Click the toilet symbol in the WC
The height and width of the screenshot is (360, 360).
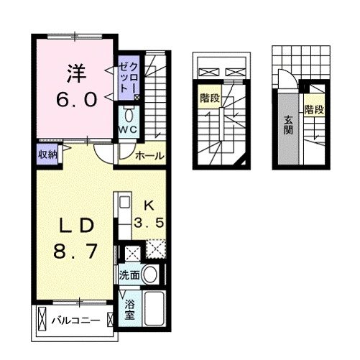pyautogui.click(x=129, y=114)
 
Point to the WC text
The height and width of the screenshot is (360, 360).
pyautogui.click(x=128, y=130)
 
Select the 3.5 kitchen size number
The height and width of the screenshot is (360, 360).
pyautogui.click(x=151, y=223)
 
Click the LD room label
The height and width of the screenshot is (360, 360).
pyautogui.click(x=74, y=225)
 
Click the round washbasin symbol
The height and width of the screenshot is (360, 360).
pyautogui.click(x=150, y=274)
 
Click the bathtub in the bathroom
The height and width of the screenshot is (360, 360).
pyautogui.click(x=154, y=307)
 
